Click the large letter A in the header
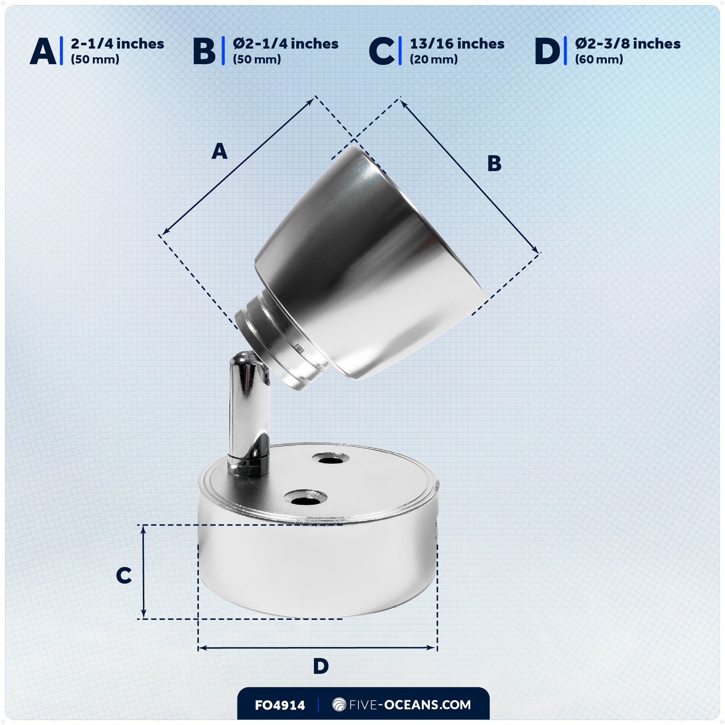[43, 51]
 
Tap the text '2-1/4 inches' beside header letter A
[117, 44]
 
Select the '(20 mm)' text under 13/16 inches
[434, 59]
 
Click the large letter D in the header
[547, 51]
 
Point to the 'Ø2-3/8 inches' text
[627, 44]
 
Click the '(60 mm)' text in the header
[599, 59]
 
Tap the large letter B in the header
[204, 51]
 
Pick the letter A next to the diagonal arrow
[220, 152]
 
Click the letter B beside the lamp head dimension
[494, 163]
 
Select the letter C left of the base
[124, 575]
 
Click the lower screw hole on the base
[305, 498]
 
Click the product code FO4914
[280, 705]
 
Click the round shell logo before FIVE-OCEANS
[339, 705]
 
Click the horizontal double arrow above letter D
[317, 648]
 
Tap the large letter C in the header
[382, 51]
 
